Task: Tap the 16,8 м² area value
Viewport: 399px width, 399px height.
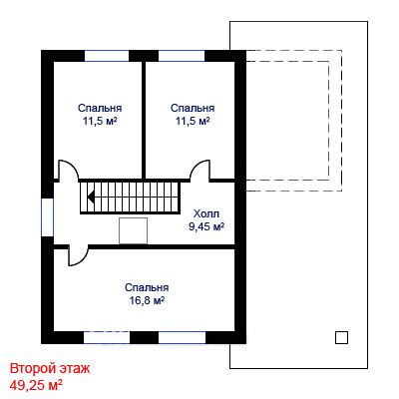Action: [147, 300]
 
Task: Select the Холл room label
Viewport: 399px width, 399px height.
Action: [206, 213]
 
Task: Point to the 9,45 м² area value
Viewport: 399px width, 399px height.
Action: [206, 226]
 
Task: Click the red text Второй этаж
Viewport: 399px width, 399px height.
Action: [50, 368]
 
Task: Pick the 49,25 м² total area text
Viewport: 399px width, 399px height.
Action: [36, 385]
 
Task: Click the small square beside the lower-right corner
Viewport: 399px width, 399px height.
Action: [341, 337]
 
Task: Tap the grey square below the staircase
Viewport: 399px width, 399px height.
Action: [133, 230]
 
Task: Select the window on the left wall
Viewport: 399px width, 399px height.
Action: [47, 217]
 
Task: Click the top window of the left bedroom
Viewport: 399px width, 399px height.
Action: [107, 56]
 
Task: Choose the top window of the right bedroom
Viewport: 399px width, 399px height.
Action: [182, 56]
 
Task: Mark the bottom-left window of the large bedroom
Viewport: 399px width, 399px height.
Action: [107, 337]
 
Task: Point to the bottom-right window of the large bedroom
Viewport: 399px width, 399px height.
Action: [183, 337]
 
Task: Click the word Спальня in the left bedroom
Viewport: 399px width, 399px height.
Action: [100, 108]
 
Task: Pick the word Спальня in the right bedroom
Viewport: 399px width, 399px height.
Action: [193, 108]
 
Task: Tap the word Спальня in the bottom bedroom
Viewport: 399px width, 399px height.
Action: [147, 287]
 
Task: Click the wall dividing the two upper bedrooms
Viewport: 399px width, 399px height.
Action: [144, 121]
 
